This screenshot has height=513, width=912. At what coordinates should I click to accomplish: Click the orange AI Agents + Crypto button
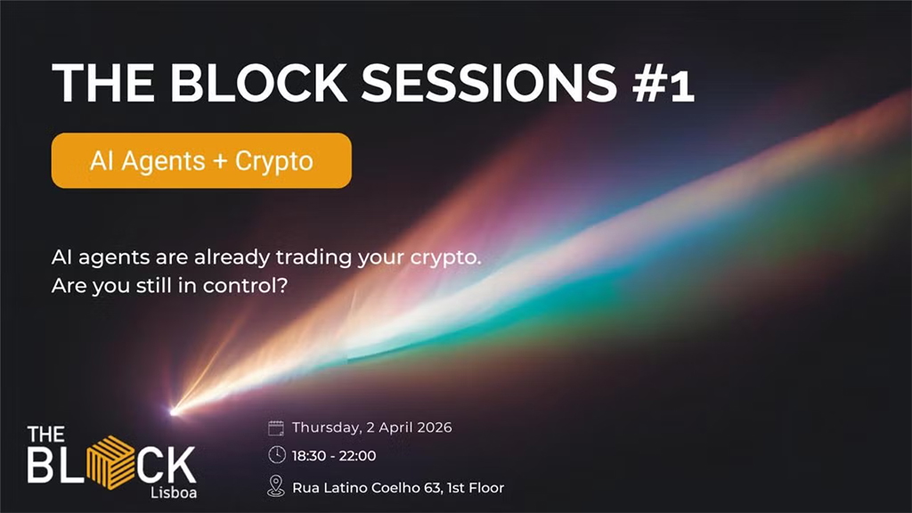coord(201,160)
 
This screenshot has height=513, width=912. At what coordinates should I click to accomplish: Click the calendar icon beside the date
coord(276,427)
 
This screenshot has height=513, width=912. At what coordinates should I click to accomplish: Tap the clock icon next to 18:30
coord(276,456)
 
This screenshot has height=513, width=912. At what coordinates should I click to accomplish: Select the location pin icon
coord(276,486)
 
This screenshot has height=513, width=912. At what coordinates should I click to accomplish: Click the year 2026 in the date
coord(431,427)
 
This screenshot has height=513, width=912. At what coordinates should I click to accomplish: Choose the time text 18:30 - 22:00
coord(334,456)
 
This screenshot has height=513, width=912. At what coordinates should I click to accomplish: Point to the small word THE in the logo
coord(45,436)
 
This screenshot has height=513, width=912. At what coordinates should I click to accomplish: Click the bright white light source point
coord(175,411)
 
